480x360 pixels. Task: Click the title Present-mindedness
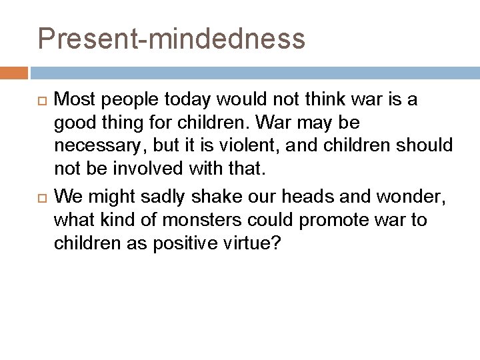[x=171, y=39]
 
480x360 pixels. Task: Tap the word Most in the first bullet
[x=73, y=100]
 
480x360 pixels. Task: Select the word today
[x=187, y=100]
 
